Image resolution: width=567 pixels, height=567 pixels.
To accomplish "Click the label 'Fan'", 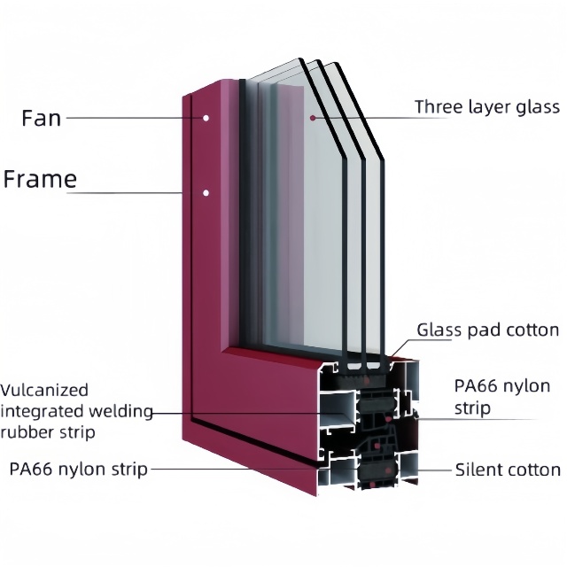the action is point(42,118).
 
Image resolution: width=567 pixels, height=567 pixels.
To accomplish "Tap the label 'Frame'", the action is point(40,179).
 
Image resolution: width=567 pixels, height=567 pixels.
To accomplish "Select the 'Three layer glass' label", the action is point(487,108).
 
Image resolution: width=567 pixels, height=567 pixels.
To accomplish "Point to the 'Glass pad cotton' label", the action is point(488,330).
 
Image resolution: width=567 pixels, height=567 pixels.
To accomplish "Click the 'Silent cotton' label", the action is point(508,470).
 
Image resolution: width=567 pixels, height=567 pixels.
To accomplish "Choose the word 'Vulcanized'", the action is point(44,390).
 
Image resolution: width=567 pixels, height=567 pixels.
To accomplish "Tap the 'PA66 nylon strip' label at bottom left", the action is point(79,469).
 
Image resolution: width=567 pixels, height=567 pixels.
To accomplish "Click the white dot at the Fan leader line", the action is point(206,118).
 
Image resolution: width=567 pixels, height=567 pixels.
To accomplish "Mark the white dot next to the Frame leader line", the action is point(206,193).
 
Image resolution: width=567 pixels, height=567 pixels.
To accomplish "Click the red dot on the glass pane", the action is point(313,118).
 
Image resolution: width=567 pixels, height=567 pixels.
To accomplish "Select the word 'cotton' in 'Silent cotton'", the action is point(534,470).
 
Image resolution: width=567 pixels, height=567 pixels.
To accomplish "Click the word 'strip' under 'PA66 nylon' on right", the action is point(472,408).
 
